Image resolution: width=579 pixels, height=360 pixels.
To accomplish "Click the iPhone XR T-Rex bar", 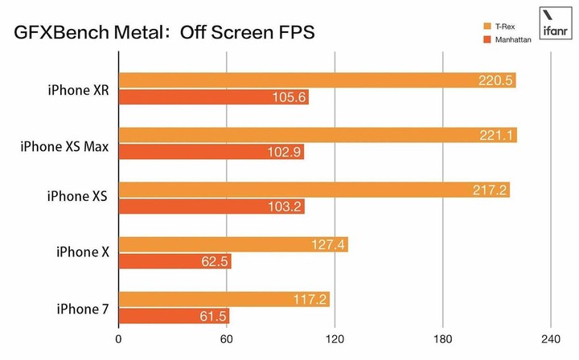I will (x=317, y=80).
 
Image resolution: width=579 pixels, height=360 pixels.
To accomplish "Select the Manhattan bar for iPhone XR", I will (x=214, y=97).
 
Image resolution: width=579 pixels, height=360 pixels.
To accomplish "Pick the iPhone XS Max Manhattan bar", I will (x=211, y=153).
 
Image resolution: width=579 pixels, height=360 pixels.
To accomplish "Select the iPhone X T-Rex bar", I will (x=233, y=245).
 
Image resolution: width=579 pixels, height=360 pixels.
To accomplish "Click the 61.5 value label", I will (x=212, y=317).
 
